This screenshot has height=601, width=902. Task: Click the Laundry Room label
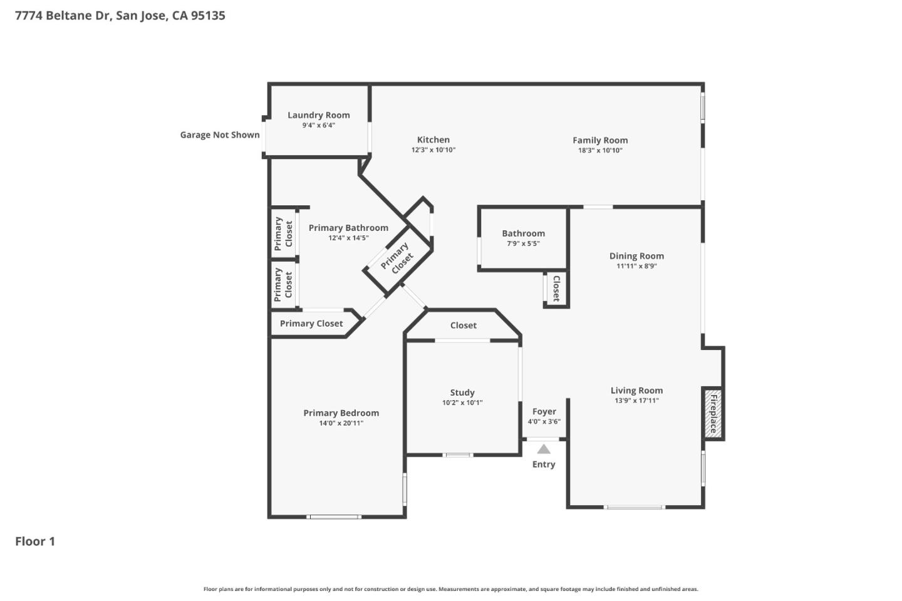tap(318, 115)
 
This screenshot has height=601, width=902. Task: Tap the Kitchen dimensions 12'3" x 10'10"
tap(433, 150)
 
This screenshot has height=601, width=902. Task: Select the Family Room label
tap(599, 140)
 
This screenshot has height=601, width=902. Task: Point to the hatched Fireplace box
tap(713, 413)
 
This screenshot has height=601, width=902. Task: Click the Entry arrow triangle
tap(544, 449)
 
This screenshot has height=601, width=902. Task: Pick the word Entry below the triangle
tap(544, 465)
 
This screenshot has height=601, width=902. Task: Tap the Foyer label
tap(544, 411)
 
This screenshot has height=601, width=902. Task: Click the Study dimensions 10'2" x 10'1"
tap(462, 403)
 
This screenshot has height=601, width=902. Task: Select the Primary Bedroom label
tap(341, 413)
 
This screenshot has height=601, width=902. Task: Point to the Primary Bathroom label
tap(348, 228)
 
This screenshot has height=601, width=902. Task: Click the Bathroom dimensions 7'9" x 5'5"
tap(523, 244)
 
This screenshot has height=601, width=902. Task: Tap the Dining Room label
tap(636, 256)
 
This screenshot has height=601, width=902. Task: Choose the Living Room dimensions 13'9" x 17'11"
tap(636, 401)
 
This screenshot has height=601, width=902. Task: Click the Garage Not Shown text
tap(220, 135)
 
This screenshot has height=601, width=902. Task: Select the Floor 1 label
tap(35, 542)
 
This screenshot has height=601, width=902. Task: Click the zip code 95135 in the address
tap(207, 16)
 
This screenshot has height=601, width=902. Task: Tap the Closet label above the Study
tap(463, 326)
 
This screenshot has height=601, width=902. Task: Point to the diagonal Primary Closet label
tap(397, 257)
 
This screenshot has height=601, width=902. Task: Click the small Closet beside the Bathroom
tap(556, 289)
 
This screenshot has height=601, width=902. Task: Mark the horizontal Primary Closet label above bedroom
tap(311, 324)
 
